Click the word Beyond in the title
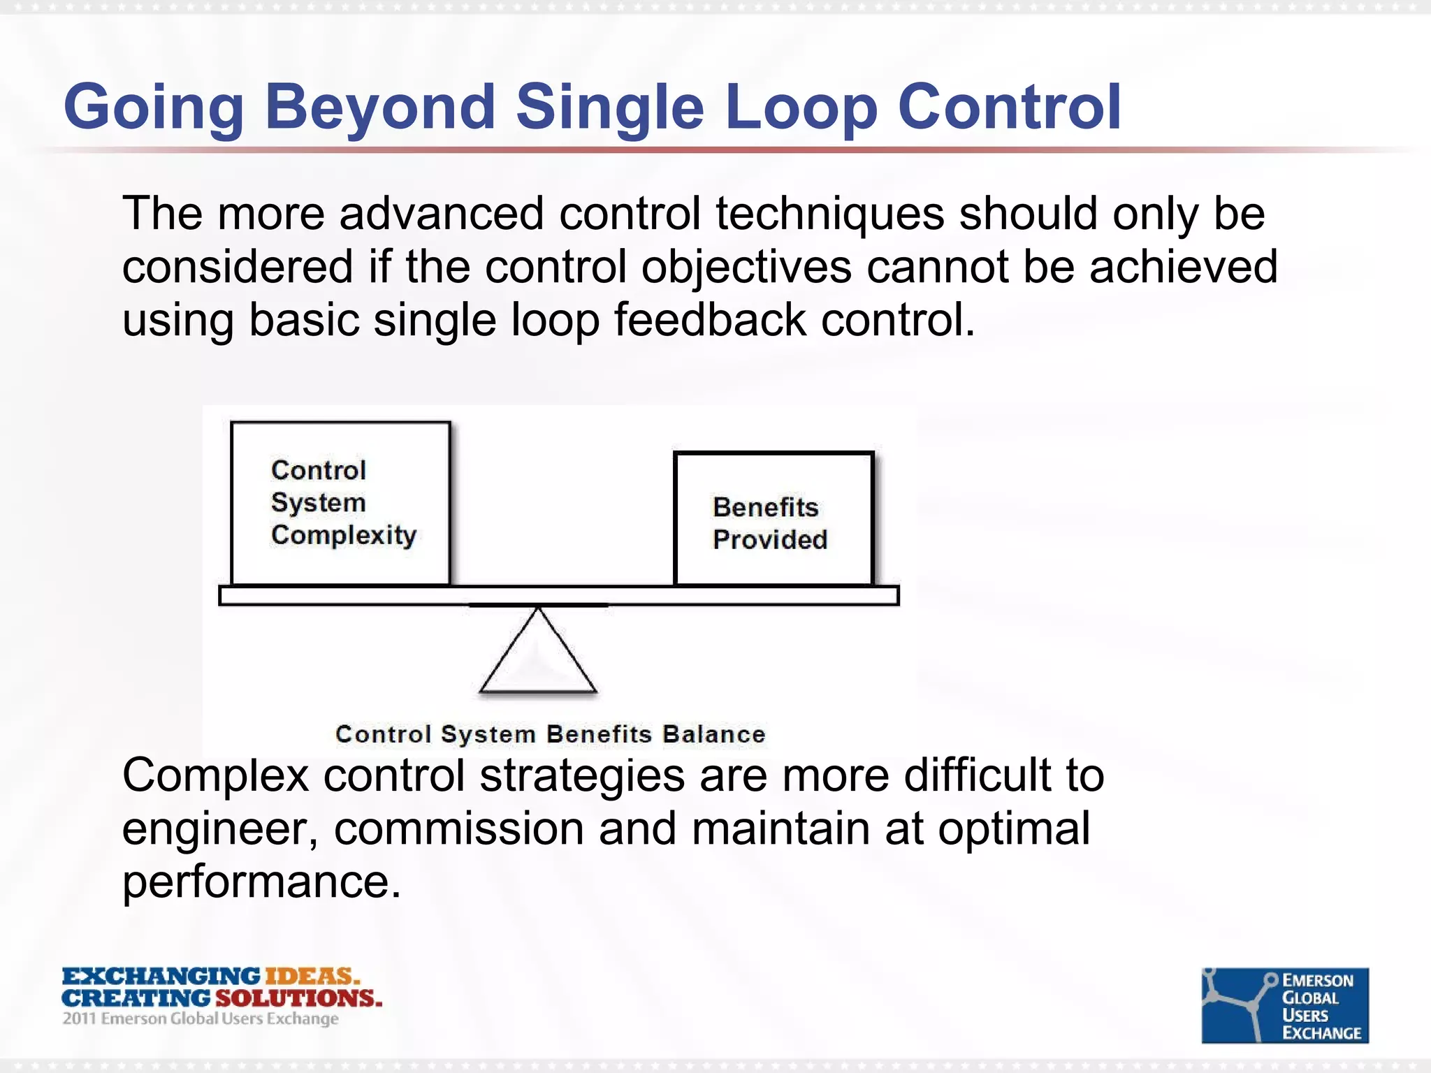click(380, 108)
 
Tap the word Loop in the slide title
click(801, 108)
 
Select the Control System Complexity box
click(340, 503)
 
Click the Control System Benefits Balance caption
click(550, 734)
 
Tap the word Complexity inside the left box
click(344, 535)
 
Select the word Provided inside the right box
click(770, 539)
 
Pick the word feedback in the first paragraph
click(710, 320)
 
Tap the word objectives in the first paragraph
click(746, 268)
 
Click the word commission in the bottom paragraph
click(458, 829)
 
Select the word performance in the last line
click(261, 882)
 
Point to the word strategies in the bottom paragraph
click(582, 775)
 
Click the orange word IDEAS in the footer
click(312, 976)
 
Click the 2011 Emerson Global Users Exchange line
click(201, 1019)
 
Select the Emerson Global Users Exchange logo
click(1284, 1005)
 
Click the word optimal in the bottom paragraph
click(1013, 829)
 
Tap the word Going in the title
click(153, 108)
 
